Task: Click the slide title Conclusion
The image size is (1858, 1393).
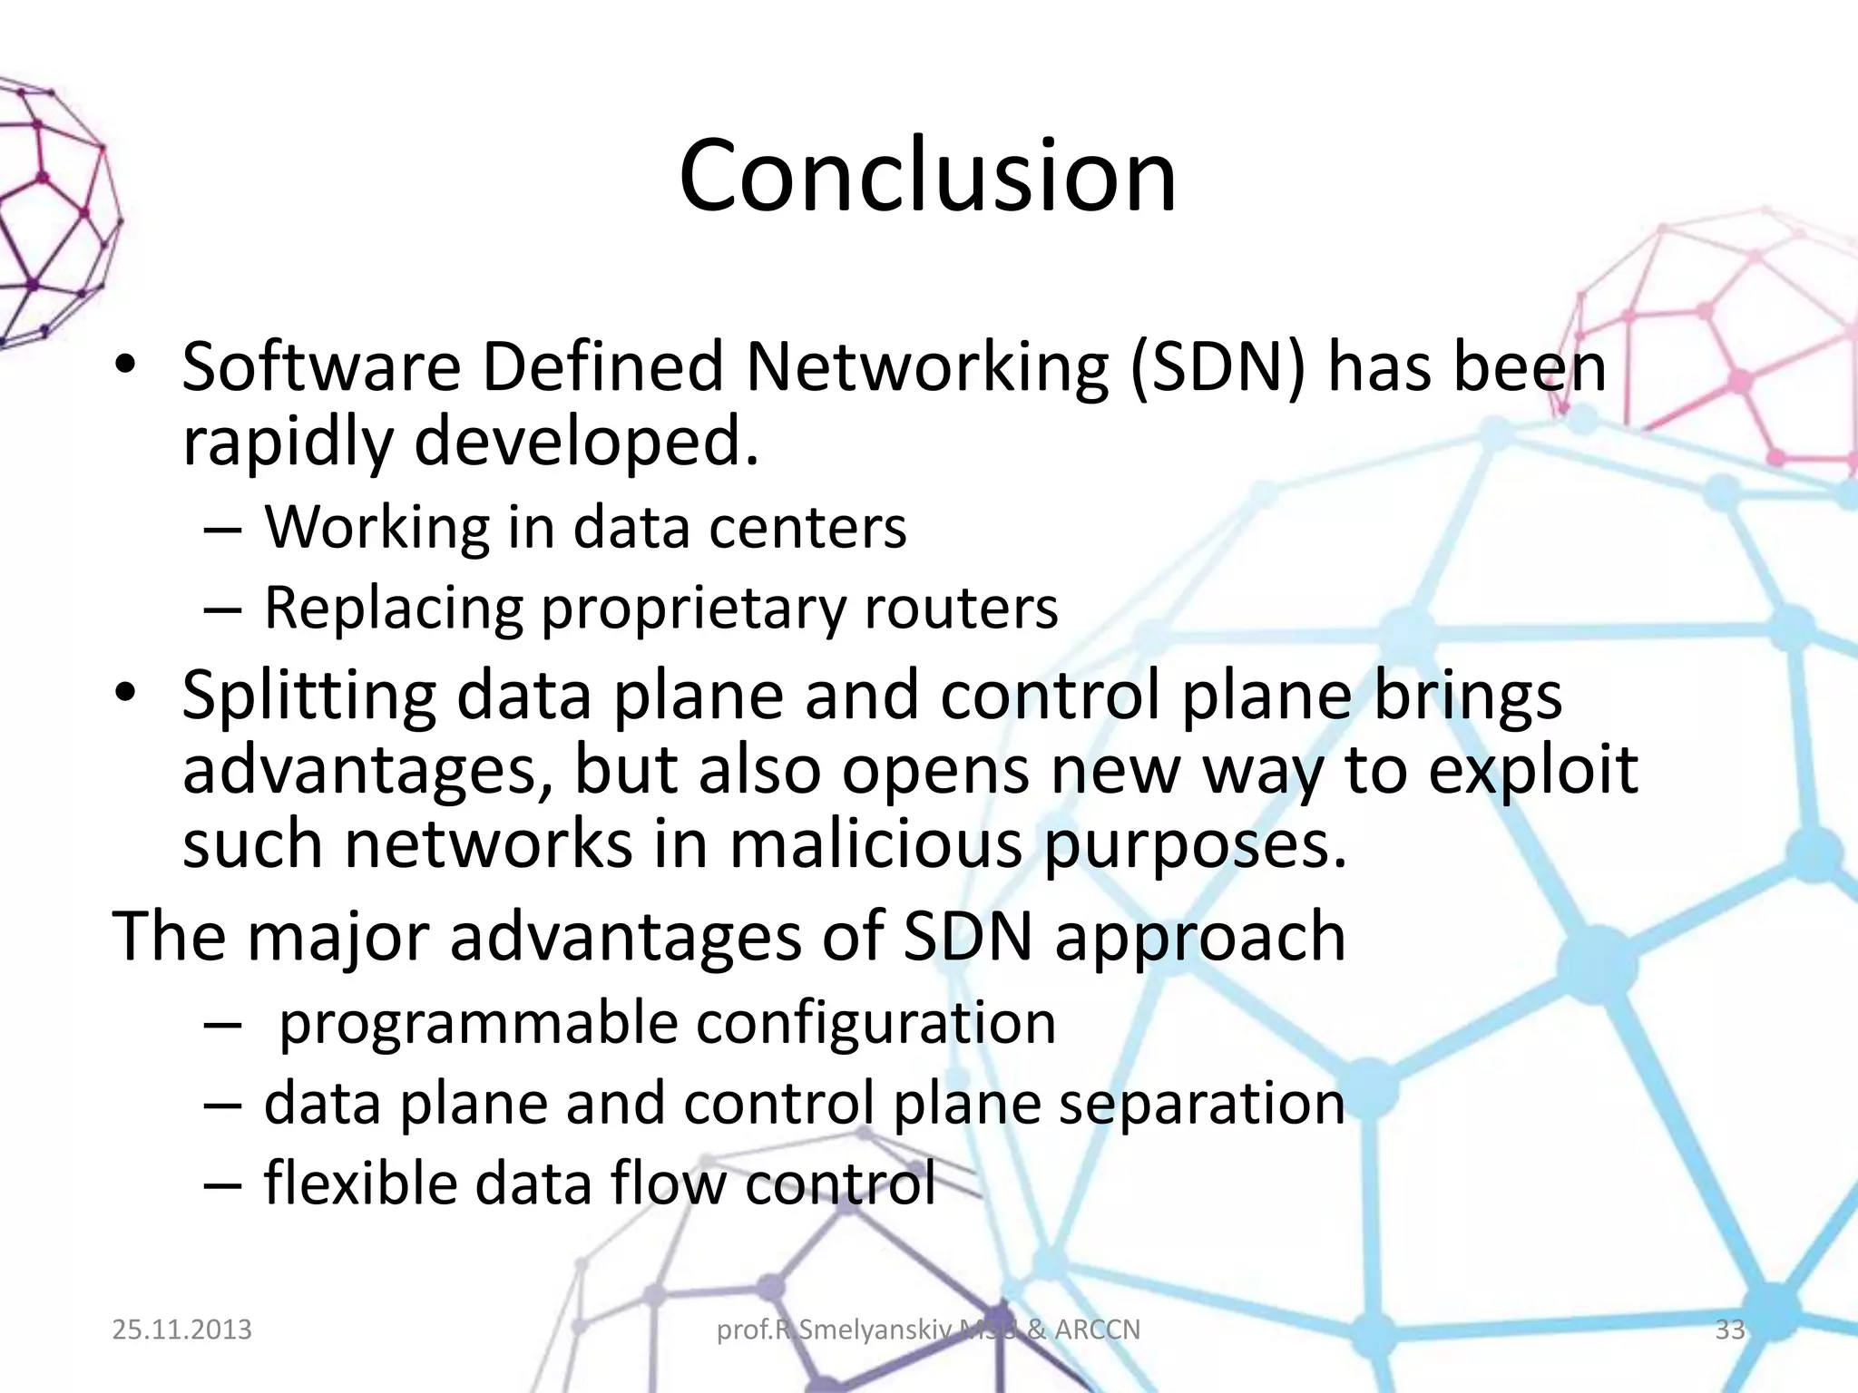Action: pyautogui.click(x=927, y=176)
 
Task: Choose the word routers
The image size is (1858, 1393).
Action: pyautogui.click(x=961, y=608)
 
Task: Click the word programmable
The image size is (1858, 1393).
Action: pyautogui.click(x=478, y=1024)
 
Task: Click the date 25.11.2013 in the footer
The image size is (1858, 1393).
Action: pyautogui.click(x=181, y=1330)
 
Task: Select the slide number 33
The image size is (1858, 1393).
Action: pyautogui.click(x=1729, y=1330)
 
